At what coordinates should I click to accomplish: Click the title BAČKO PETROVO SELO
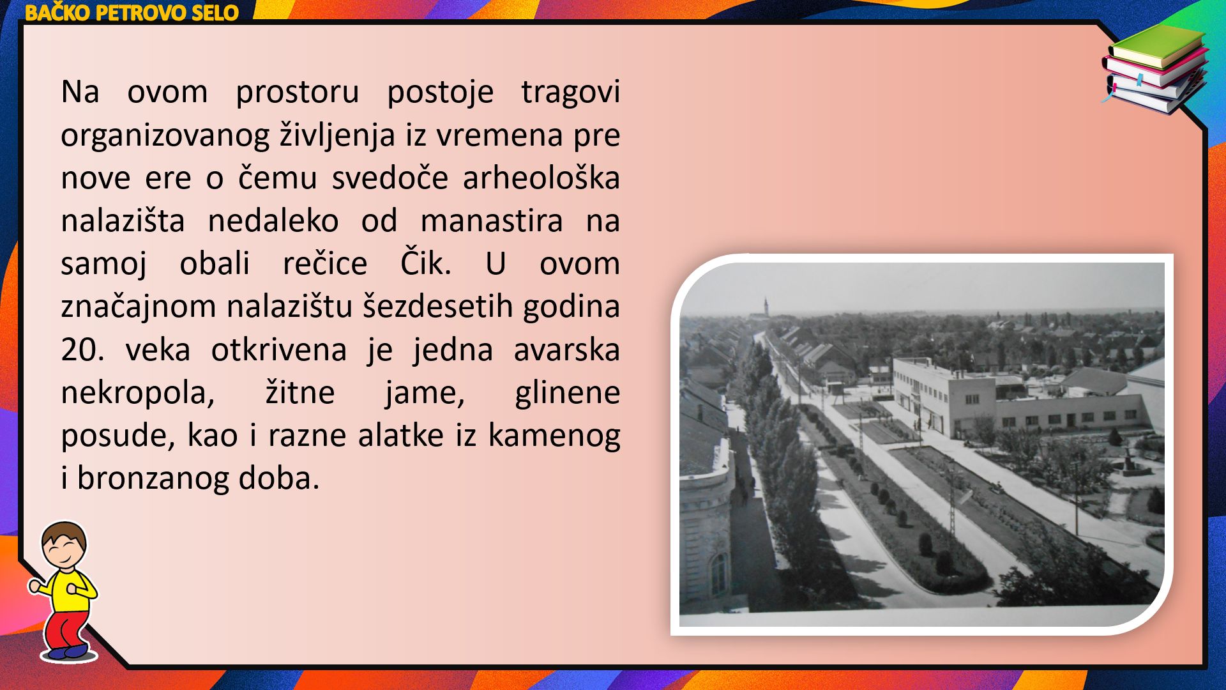[x=132, y=13]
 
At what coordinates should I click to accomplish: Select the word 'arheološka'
[x=541, y=177]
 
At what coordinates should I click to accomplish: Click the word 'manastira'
[x=492, y=220]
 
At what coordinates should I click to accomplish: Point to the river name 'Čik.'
[x=426, y=262]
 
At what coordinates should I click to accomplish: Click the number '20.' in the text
[x=83, y=349]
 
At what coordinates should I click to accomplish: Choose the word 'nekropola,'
[x=138, y=393]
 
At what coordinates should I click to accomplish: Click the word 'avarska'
[x=566, y=349]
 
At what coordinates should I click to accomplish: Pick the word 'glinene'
[x=567, y=393]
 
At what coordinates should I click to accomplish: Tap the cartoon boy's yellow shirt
[x=68, y=591]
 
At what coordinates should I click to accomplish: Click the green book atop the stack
[x=1157, y=46]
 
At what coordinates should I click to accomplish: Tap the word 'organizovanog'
[x=165, y=135]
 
